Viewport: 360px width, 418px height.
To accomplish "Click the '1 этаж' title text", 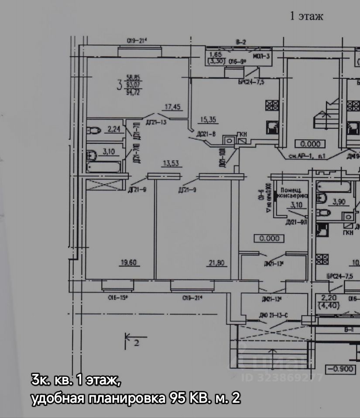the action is (306, 17).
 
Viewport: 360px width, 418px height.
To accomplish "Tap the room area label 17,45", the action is (173, 106).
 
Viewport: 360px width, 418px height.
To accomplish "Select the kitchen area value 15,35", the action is (208, 118).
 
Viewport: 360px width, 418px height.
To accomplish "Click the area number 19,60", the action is (129, 262).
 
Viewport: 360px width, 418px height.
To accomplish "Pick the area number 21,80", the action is (217, 262).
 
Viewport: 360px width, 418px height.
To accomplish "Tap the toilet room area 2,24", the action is (113, 129).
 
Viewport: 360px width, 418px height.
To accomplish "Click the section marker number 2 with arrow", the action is (133, 339).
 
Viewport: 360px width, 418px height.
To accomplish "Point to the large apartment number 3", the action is (119, 84).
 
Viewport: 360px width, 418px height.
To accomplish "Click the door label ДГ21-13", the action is (156, 122).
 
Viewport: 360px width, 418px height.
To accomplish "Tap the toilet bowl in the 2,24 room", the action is (94, 130).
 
